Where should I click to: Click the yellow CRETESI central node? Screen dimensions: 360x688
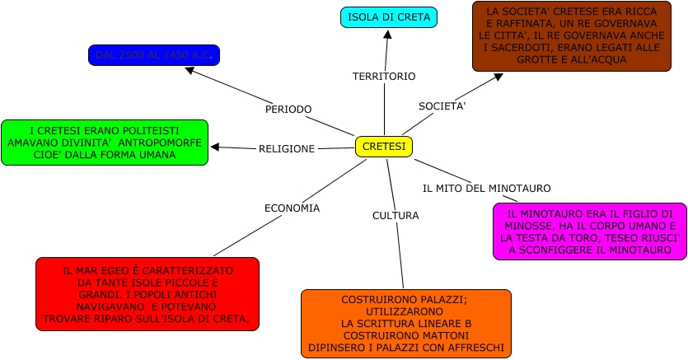384,147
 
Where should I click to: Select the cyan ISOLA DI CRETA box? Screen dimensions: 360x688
388,17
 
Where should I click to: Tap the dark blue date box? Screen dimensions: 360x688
154,55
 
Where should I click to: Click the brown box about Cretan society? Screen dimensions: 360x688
571,36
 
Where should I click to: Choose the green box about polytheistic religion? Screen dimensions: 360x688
105,143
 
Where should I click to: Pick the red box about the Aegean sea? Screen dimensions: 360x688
147,294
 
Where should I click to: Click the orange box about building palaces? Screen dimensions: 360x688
405,324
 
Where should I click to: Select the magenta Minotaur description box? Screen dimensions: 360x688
589,231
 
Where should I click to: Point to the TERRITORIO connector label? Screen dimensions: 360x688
384,77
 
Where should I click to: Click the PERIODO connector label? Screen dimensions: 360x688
288,110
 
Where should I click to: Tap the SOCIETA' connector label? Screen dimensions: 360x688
442,106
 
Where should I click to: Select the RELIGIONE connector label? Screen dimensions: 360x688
287,149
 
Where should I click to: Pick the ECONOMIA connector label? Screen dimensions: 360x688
292,208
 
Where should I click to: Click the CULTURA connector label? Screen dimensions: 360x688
395,216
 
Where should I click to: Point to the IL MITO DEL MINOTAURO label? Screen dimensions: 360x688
486,189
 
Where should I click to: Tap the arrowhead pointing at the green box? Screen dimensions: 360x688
215,147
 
